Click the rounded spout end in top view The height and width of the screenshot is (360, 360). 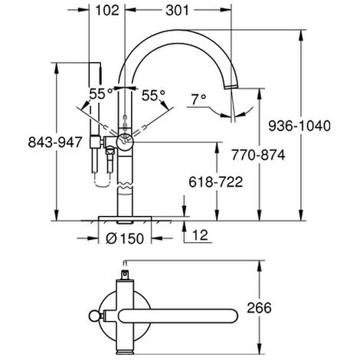(226, 315)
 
